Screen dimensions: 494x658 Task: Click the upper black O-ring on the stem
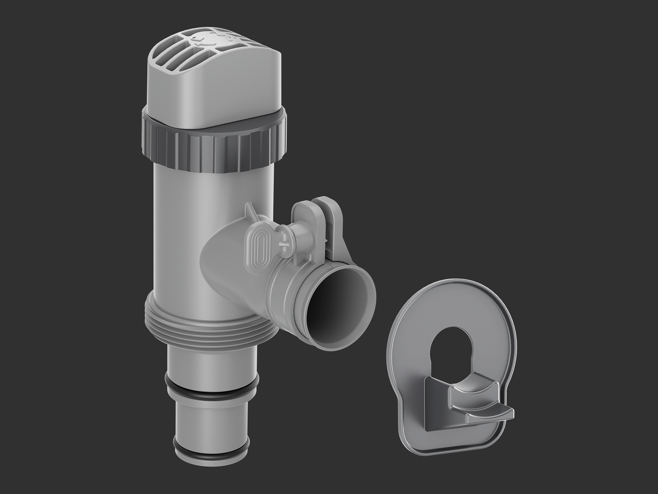[x=211, y=387]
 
